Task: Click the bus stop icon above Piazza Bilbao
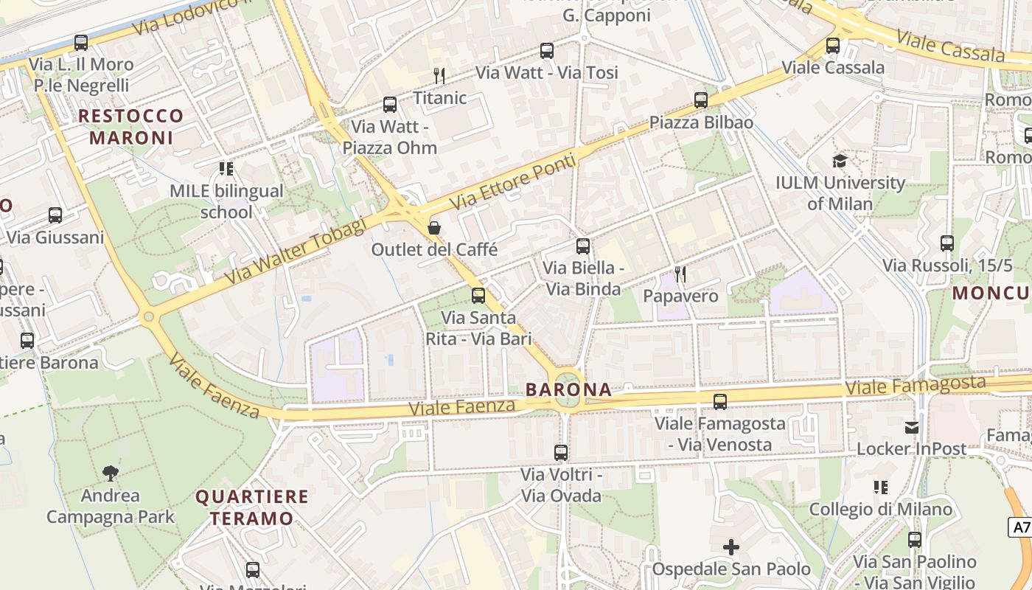click(700, 100)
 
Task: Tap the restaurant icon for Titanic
click(439, 75)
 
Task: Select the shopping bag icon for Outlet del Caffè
click(434, 227)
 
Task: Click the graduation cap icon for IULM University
click(840, 161)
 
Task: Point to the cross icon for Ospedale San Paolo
click(731, 547)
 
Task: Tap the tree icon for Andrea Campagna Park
click(111, 473)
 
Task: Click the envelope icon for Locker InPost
click(912, 428)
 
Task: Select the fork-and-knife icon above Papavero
click(680, 274)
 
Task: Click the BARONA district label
click(568, 389)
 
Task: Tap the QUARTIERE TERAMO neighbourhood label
click(251, 507)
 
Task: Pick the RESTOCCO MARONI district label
click(131, 127)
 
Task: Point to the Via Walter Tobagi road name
click(294, 251)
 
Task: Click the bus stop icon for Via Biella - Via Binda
click(582, 246)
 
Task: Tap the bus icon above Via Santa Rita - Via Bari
click(478, 296)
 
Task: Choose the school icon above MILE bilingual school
click(226, 169)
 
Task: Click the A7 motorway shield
click(1019, 527)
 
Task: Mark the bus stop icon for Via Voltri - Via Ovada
click(561, 452)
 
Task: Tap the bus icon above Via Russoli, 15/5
click(946, 243)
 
